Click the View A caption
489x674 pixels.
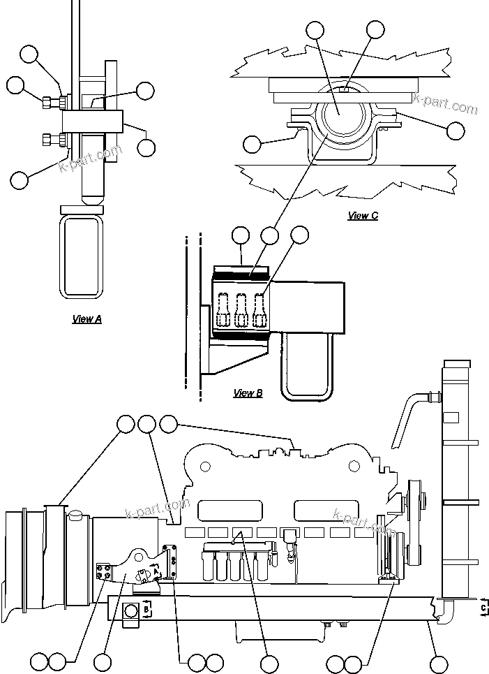[87, 319]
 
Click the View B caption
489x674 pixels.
[248, 393]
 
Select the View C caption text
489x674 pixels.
[363, 216]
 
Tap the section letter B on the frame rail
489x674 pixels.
[146, 610]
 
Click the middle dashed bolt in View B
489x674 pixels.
[242, 309]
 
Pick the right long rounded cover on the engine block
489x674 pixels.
[320, 510]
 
